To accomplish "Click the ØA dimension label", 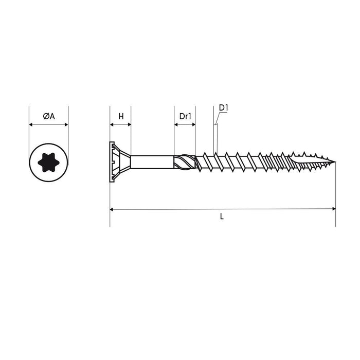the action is pyautogui.click(x=49, y=116).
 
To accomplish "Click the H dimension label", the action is pyautogui.click(x=121, y=116).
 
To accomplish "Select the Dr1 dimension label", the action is pyautogui.click(x=185, y=116).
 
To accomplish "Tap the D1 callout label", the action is pyautogui.click(x=223, y=107).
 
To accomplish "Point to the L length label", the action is pyautogui.click(x=222, y=217).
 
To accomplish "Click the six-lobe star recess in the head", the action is pyautogui.click(x=49, y=163).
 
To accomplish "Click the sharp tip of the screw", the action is pyautogui.click(x=335, y=162).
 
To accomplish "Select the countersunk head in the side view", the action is pyautogui.click(x=120, y=162).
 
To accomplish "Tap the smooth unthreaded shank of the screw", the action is pyautogui.click(x=152, y=162).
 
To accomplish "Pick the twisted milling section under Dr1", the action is pyautogui.click(x=185, y=162).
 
